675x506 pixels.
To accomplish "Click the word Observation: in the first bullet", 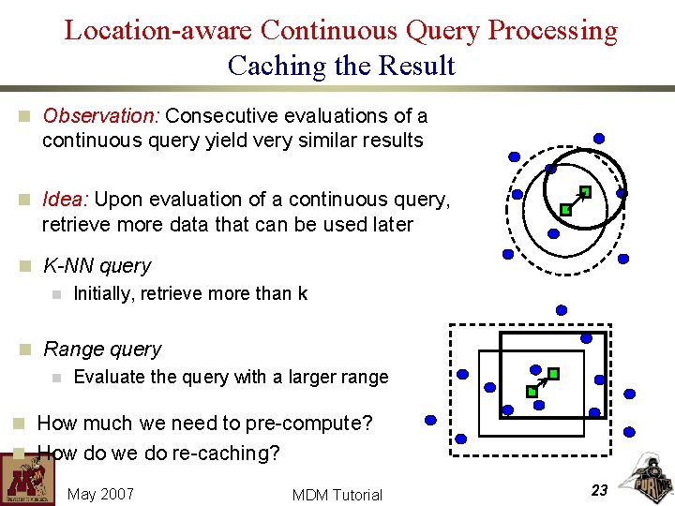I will click(102, 116).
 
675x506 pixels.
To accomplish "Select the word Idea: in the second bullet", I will click(66, 200).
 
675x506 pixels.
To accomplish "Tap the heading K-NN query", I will click(97, 266).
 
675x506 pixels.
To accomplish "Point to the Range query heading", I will click(102, 350).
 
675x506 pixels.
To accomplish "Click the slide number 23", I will click(600, 490).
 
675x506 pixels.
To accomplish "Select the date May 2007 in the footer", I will click(101, 494).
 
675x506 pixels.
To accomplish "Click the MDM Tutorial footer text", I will click(337, 495).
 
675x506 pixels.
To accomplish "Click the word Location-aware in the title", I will click(158, 30).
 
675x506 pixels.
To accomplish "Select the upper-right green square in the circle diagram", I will click(584, 192).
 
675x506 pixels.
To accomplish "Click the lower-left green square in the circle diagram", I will click(565, 210).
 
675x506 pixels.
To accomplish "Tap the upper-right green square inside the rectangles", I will click(553, 373).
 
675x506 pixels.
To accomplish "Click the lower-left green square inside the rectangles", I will click(532, 391).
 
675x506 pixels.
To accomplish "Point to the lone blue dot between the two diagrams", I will click(562, 309).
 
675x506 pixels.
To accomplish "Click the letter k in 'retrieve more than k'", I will click(303, 294).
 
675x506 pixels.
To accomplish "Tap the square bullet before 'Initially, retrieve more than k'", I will click(56, 294).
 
